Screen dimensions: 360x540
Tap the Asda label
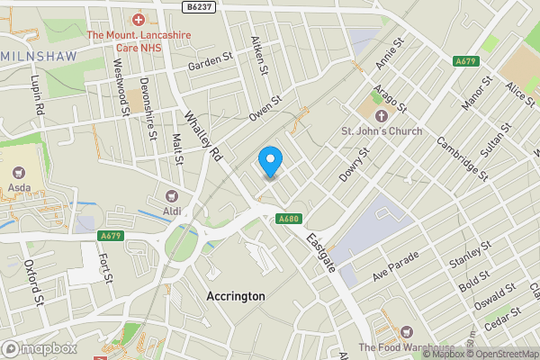(x=17, y=188)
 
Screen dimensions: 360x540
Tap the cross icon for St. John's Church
(x=382, y=116)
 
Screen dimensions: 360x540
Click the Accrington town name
(x=236, y=296)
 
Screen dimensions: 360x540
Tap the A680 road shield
(x=288, y=218)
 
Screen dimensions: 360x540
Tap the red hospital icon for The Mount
(x=139, y=19)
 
